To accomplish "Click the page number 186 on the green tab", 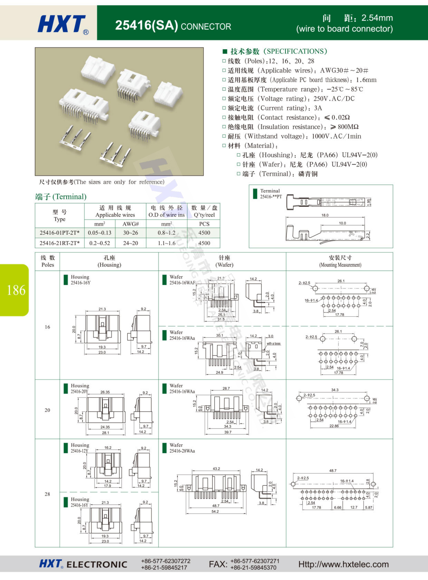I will [16, 290].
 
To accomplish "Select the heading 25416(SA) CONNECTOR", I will [173, 26].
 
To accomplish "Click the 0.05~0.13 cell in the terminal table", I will [100, 233].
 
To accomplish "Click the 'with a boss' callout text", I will [274, 344].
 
